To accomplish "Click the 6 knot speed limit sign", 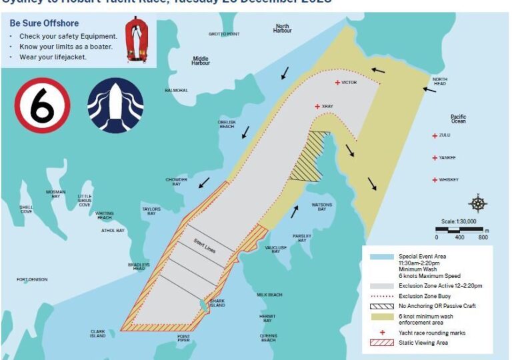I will click(x=43, y=106).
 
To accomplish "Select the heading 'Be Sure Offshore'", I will click(x=44, y=23).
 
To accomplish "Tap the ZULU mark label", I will click(x=445, y=135).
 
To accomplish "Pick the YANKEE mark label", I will click(x=447, y=158).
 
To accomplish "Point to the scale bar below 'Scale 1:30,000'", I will click(x=460, y=231).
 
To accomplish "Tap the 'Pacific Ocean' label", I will click(x=458, y=119).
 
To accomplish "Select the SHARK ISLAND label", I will click(x=218, y=303).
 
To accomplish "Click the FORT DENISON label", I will click(x=32, y=279).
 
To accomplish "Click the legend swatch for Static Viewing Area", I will click(x=379, y=343).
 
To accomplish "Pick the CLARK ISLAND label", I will click(x=98, y=333).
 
